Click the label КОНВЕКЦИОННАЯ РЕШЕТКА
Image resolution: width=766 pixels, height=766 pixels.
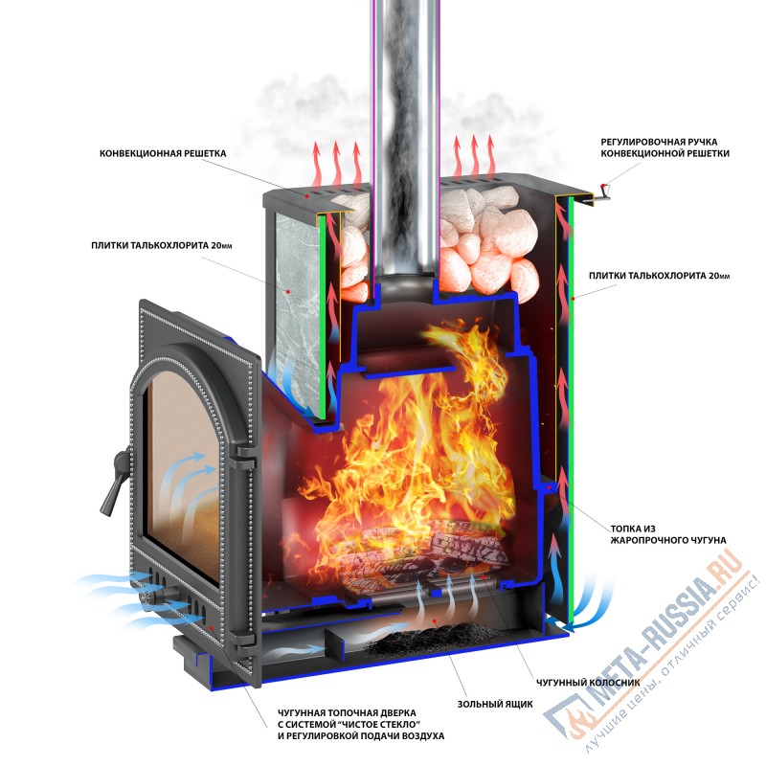pos(163,153)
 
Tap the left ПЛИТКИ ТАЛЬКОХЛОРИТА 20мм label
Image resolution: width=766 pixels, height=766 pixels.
pos(161,245)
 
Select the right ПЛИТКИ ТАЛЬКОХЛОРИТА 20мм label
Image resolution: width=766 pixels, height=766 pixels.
pos(659,276)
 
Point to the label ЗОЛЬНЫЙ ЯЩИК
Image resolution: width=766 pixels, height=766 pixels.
pos(495,704)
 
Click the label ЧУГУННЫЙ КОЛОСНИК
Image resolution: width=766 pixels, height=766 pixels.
pos(588,683)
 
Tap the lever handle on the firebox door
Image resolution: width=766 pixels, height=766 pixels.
pos(114,481)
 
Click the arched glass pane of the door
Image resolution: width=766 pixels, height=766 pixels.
pos(183,469)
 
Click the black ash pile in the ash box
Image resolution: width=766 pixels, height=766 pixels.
pos(430,640)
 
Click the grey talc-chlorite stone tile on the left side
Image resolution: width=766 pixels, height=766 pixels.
pos(297,313)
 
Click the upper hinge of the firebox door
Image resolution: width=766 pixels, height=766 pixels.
pos(243,458)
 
